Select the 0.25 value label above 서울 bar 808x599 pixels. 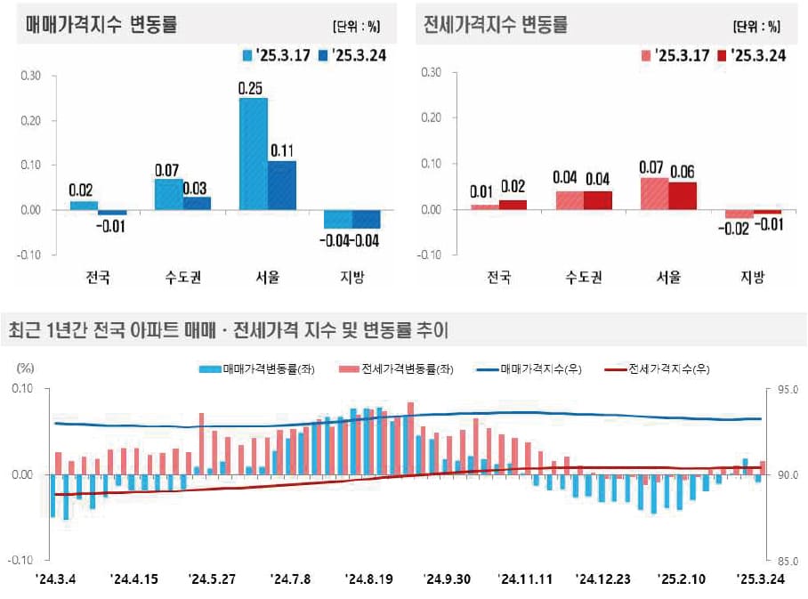(x=253, y=87)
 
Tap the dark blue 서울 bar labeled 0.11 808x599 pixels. (x=281, y=185)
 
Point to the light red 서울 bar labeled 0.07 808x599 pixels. (x=654, y=193)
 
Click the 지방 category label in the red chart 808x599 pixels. (x=752, y=278)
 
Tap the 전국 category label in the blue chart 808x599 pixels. (x=98, y=278)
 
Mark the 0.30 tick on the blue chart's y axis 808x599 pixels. (x=30, y=76)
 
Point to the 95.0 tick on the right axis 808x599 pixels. (x=789, y=390)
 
